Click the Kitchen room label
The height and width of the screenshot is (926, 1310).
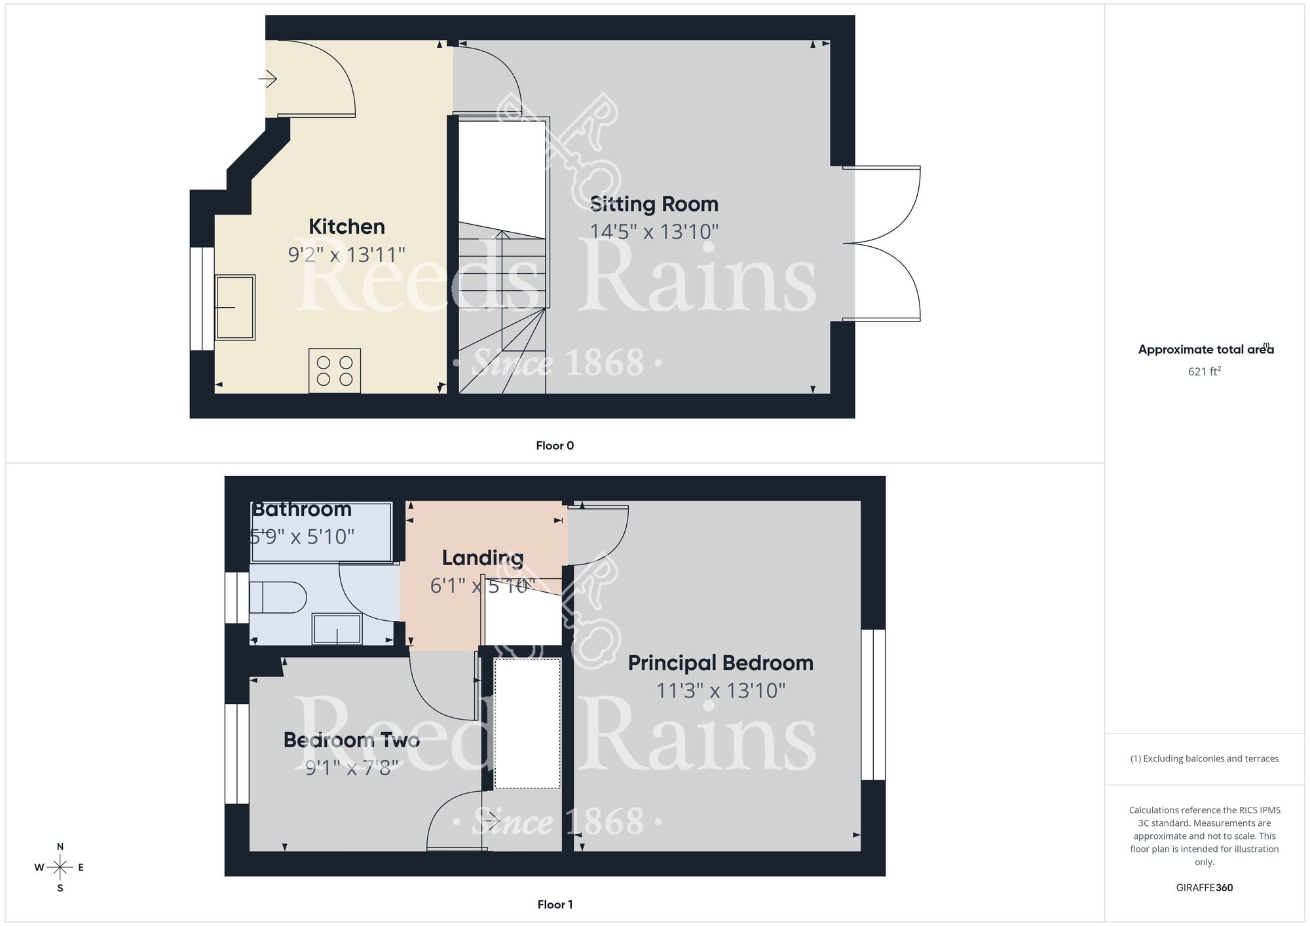[x=346, y=227]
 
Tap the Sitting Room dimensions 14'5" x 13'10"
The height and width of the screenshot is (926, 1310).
[x=654, y=232]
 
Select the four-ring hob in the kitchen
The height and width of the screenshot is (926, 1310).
[x=335, y=371]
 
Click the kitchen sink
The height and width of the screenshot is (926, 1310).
[x=235, y=307]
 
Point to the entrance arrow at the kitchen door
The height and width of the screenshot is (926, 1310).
[x=268, y=79]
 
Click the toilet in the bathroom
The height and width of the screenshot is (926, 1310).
[x=278, y=597]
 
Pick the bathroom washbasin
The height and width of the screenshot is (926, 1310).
[x=337, y=629]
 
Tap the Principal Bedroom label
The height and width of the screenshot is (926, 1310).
[x=720, y=663]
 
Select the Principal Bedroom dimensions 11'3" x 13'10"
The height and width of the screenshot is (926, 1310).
[x=720, y=690]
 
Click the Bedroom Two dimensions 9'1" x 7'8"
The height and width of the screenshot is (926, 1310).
[x=352, y=767]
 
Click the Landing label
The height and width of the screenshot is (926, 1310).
[x=483, y=558]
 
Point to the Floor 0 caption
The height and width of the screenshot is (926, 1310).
[x=555, y=446]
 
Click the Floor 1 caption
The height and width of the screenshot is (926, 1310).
[x=555, y=904]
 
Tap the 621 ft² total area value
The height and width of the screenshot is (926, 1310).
[x=1205, y=371]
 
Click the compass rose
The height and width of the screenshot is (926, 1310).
[x=60, y=868]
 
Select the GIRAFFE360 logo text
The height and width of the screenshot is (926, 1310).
[x=1205, y=888]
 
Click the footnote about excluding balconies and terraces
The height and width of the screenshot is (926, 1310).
[x=1205, y=759]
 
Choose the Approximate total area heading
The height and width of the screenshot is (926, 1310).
[x=1205, y=350]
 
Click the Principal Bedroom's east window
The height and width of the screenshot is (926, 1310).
[x=873, y=705]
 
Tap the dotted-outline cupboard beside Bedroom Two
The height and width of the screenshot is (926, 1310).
[x=527, y=724]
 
